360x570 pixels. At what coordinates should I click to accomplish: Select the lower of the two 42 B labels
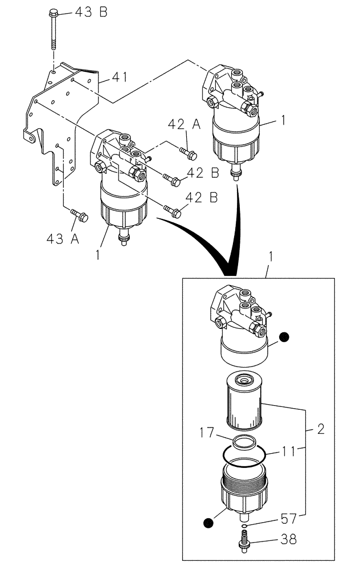(x=202, y=198)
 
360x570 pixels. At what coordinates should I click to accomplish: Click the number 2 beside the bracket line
(x=321, y=429)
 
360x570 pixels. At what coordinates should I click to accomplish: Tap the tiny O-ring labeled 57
(x=244, y=526)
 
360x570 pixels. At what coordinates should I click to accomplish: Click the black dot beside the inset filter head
(x=284, y=338)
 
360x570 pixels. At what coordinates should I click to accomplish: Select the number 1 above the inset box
(x=270, y=257)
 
